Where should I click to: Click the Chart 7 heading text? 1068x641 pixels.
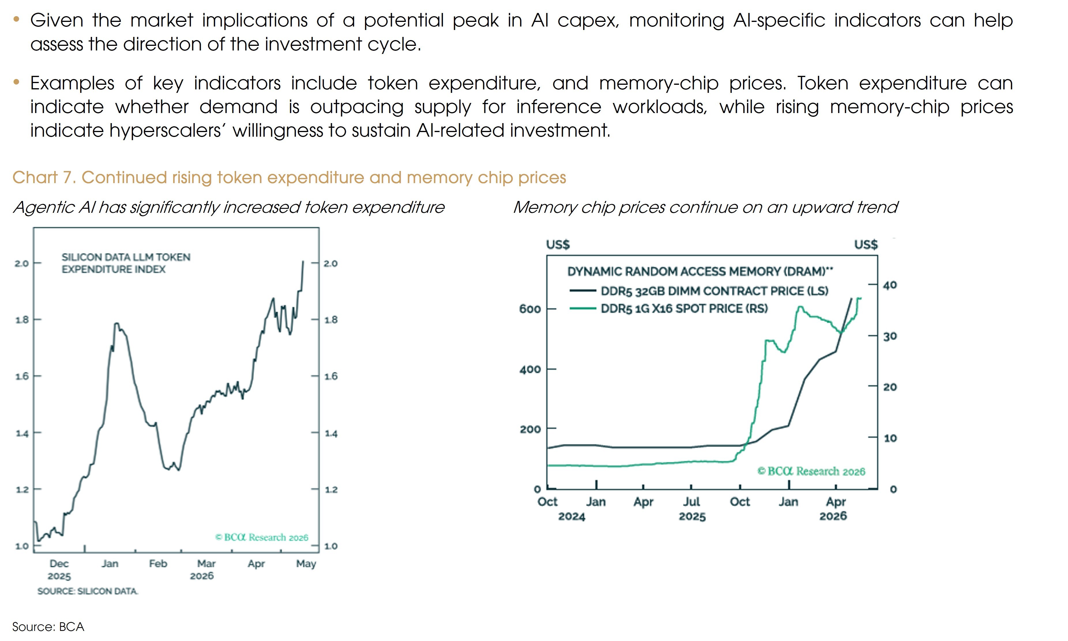[x=289, y=178]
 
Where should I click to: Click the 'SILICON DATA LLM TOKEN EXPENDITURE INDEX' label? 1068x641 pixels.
[x=126, y=263]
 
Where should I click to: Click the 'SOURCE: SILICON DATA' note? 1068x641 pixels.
[x=88, y=591]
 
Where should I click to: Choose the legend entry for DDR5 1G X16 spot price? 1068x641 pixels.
[x=669, y=309]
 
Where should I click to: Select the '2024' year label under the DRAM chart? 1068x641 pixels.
[x=571, y=517]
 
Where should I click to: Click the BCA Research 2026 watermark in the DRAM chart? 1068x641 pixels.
[x=811, y=471]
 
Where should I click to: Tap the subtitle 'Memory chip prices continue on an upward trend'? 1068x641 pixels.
[x=705, y=207]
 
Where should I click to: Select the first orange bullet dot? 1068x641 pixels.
[x=16, y=19]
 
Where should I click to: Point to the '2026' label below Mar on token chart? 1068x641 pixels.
[x=202, y=576]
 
